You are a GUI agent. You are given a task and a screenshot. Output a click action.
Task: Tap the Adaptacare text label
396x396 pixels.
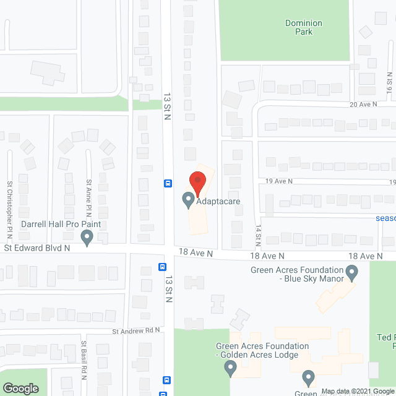(218, 201)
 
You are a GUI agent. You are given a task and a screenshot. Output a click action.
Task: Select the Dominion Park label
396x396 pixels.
(303, 27)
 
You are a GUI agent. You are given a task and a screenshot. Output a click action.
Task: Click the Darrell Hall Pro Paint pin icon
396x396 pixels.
(87, 236)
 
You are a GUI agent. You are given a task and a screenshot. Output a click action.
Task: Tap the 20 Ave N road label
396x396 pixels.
(363, 105)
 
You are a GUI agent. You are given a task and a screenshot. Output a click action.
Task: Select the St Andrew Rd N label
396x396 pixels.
(136, 331)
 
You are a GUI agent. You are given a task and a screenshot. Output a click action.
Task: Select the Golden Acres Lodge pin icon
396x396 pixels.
(230, 369)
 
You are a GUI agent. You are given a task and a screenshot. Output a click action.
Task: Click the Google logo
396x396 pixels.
(20, 389)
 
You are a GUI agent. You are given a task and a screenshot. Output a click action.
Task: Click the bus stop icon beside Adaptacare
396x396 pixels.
(167, 183)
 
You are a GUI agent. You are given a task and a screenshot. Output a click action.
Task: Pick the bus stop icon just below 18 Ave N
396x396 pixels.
(161, 267)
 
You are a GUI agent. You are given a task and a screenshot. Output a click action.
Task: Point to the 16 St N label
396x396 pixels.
(390, 82)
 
